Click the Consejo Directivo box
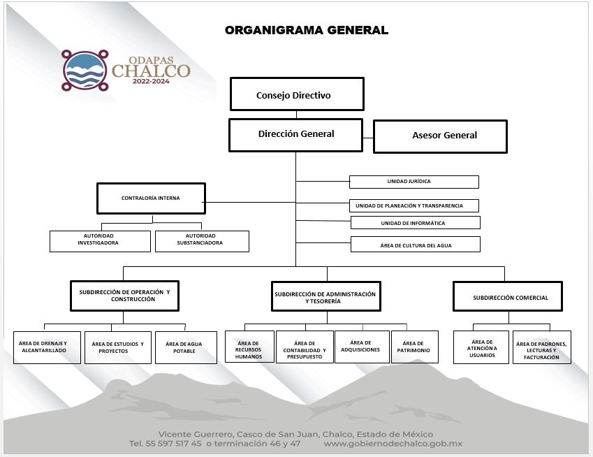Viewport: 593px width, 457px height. click(297, 94)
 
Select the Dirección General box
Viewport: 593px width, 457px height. click(295, 134)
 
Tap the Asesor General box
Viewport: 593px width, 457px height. click(440, 136)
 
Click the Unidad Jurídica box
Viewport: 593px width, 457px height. click(413, 182)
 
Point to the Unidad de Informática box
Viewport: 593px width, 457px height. click(415, 223)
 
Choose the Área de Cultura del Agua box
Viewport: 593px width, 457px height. click(415, 244)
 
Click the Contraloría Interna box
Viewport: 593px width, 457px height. click(151, 198)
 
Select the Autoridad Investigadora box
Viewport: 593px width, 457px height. click(100, 241)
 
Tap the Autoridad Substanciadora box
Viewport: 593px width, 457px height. click(202, 241)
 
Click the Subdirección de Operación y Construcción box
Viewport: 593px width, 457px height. click(124, 296)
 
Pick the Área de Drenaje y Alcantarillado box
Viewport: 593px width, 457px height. click(47, 347)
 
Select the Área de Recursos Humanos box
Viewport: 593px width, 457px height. click(249, 347)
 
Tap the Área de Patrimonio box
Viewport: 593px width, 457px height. click(414, 347)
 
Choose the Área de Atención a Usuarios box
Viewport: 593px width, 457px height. click(481, 347)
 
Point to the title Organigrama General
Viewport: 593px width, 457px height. click(306, 30)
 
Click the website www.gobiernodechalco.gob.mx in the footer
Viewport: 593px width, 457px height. click(393, 444)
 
